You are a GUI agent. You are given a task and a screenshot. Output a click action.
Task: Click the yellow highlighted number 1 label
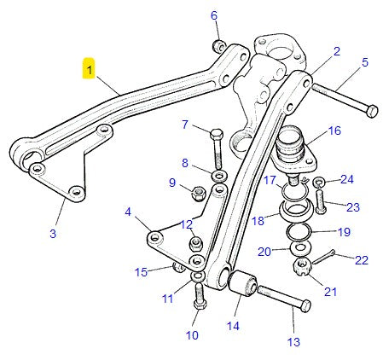pyautogui.click(x=89, y=67)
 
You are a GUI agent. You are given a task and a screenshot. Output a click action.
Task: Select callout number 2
pyautogui.click(x=336, y=52)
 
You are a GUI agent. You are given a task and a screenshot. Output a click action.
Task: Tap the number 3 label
pyautogui.click(x=53, y=233)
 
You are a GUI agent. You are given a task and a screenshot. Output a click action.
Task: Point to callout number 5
pyautogui.click(x=364, y=62)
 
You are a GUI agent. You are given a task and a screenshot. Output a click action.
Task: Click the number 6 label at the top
pyautogui.click(x=214, y=15)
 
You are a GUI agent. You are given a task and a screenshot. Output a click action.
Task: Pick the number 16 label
pyautogui.click(x=334, y=131)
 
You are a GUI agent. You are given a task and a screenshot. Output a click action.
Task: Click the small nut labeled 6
pyautogui.click(x=218, y=44)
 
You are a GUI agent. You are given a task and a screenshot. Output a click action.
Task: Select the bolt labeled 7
pyautogui.click(x=217, y=149)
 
